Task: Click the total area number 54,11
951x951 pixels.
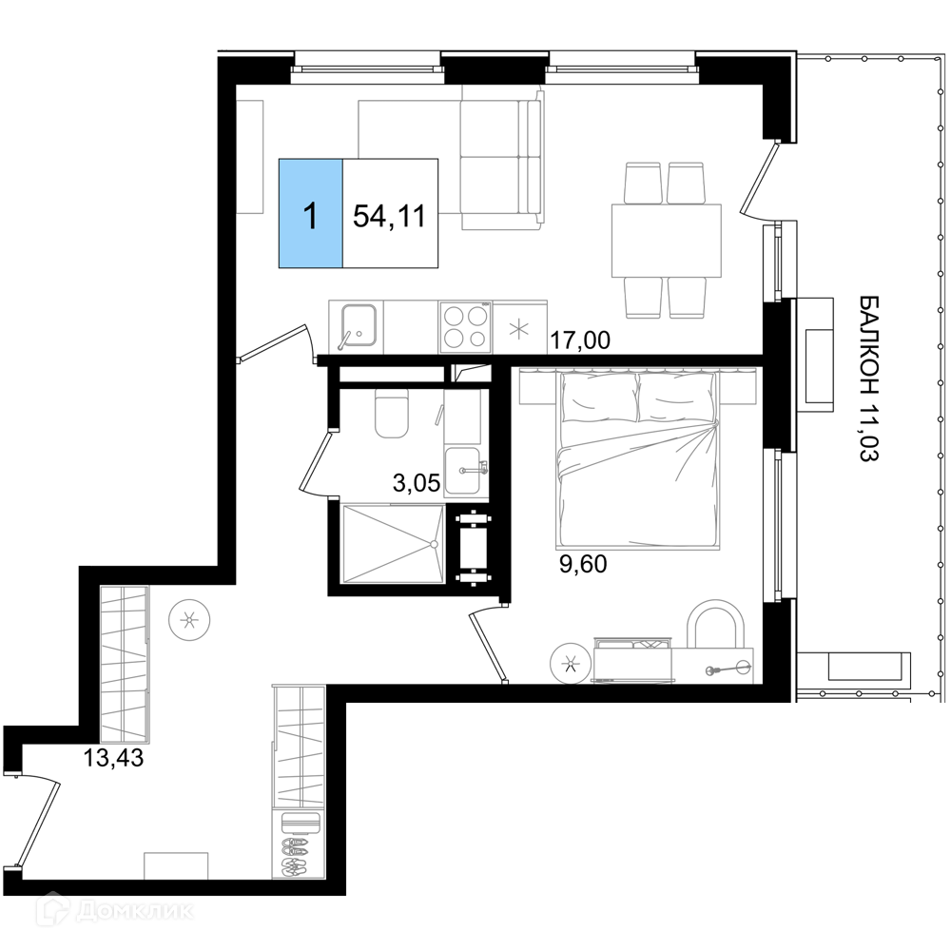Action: [x=389, y=215]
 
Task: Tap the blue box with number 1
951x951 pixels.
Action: [x=311, y=213]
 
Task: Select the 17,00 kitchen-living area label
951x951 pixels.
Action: [x=580, y=340]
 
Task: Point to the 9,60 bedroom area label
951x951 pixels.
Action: [x=583, y=564]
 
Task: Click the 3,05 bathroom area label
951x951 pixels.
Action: [x=417, y=483]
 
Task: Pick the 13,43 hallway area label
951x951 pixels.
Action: [x=113, y=758]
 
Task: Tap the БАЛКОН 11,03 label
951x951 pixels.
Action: [x=869, y=378]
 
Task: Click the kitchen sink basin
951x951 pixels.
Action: [x=359, y=326]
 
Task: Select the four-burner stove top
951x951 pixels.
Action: [x=466, y=326]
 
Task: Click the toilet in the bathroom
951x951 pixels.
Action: [x=392, y=413]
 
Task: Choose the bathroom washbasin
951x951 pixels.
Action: [x=465, y=472]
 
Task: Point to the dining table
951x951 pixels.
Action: [x=667, y=241]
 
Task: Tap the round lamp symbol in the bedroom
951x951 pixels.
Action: [x=570, y=664]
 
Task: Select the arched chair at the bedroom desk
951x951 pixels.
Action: [x=716, y=625]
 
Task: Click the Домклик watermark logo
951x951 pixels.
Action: [x=115, y=912]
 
